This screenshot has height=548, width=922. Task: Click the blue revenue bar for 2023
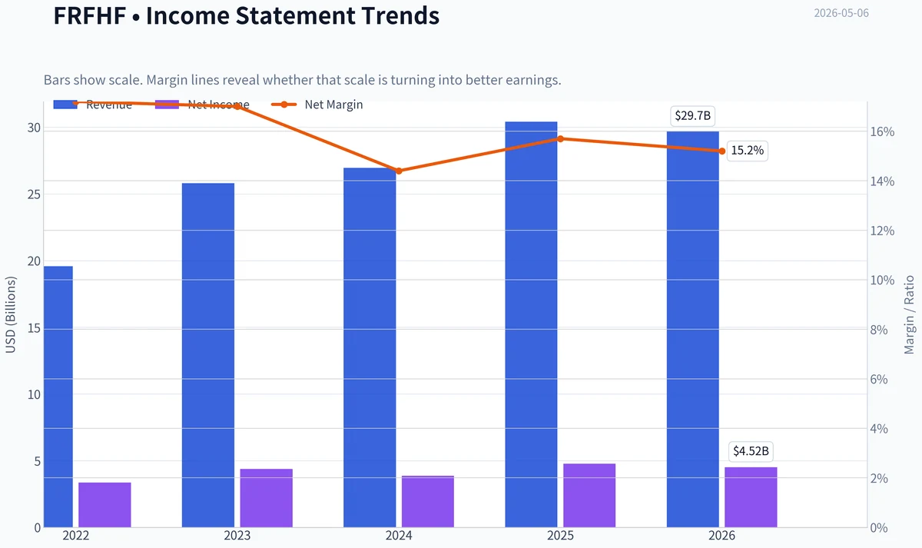click(208, 355)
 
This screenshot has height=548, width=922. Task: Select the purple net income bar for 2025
click(589, 495)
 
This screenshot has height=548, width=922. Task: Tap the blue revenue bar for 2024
click(370, 347)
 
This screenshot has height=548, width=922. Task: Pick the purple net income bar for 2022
click(104, 505)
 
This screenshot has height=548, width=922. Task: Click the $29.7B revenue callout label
click(693, 116)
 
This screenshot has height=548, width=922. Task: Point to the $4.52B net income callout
click(751, 451)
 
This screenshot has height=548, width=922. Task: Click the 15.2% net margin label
click(747, 151)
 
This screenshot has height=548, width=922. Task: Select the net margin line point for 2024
click(399, 171)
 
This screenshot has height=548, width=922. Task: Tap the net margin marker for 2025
click(560, 139)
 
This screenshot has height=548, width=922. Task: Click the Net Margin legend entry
click(317, 105)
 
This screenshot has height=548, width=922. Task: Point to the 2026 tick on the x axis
click(721, 536)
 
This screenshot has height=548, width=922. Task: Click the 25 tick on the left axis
click(34, 194)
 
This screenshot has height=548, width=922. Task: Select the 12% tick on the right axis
click(882, 231)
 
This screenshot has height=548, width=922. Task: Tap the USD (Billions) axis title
click(10, 315)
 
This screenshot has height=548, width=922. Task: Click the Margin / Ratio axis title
click(909, 315)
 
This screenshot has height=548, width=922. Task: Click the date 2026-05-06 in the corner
click(841, 13)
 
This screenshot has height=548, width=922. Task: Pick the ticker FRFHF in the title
click(90, 15)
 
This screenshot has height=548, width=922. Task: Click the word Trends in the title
click(400, 15)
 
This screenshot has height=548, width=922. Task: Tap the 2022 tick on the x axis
click(76, 536)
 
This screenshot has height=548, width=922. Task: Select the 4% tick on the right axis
click(879, 429)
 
